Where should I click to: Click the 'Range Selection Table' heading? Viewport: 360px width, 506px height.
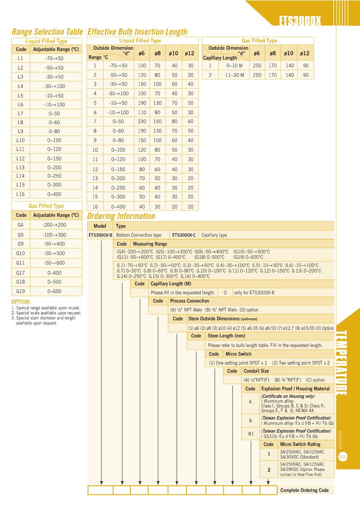(47, 32)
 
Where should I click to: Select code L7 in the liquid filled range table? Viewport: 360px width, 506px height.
(20, 114)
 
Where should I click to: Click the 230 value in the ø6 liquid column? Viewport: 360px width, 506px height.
(142, 121)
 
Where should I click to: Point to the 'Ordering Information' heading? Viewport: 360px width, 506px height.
(121, 216)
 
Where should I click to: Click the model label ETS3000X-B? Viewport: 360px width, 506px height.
(100, 235)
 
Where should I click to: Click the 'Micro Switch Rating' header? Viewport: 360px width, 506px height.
(300, 444)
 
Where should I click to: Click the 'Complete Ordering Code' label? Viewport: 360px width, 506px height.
(305, 490)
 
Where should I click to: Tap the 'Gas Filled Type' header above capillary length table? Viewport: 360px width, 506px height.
(259, 40)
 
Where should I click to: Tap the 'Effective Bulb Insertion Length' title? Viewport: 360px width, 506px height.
(138, 32)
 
